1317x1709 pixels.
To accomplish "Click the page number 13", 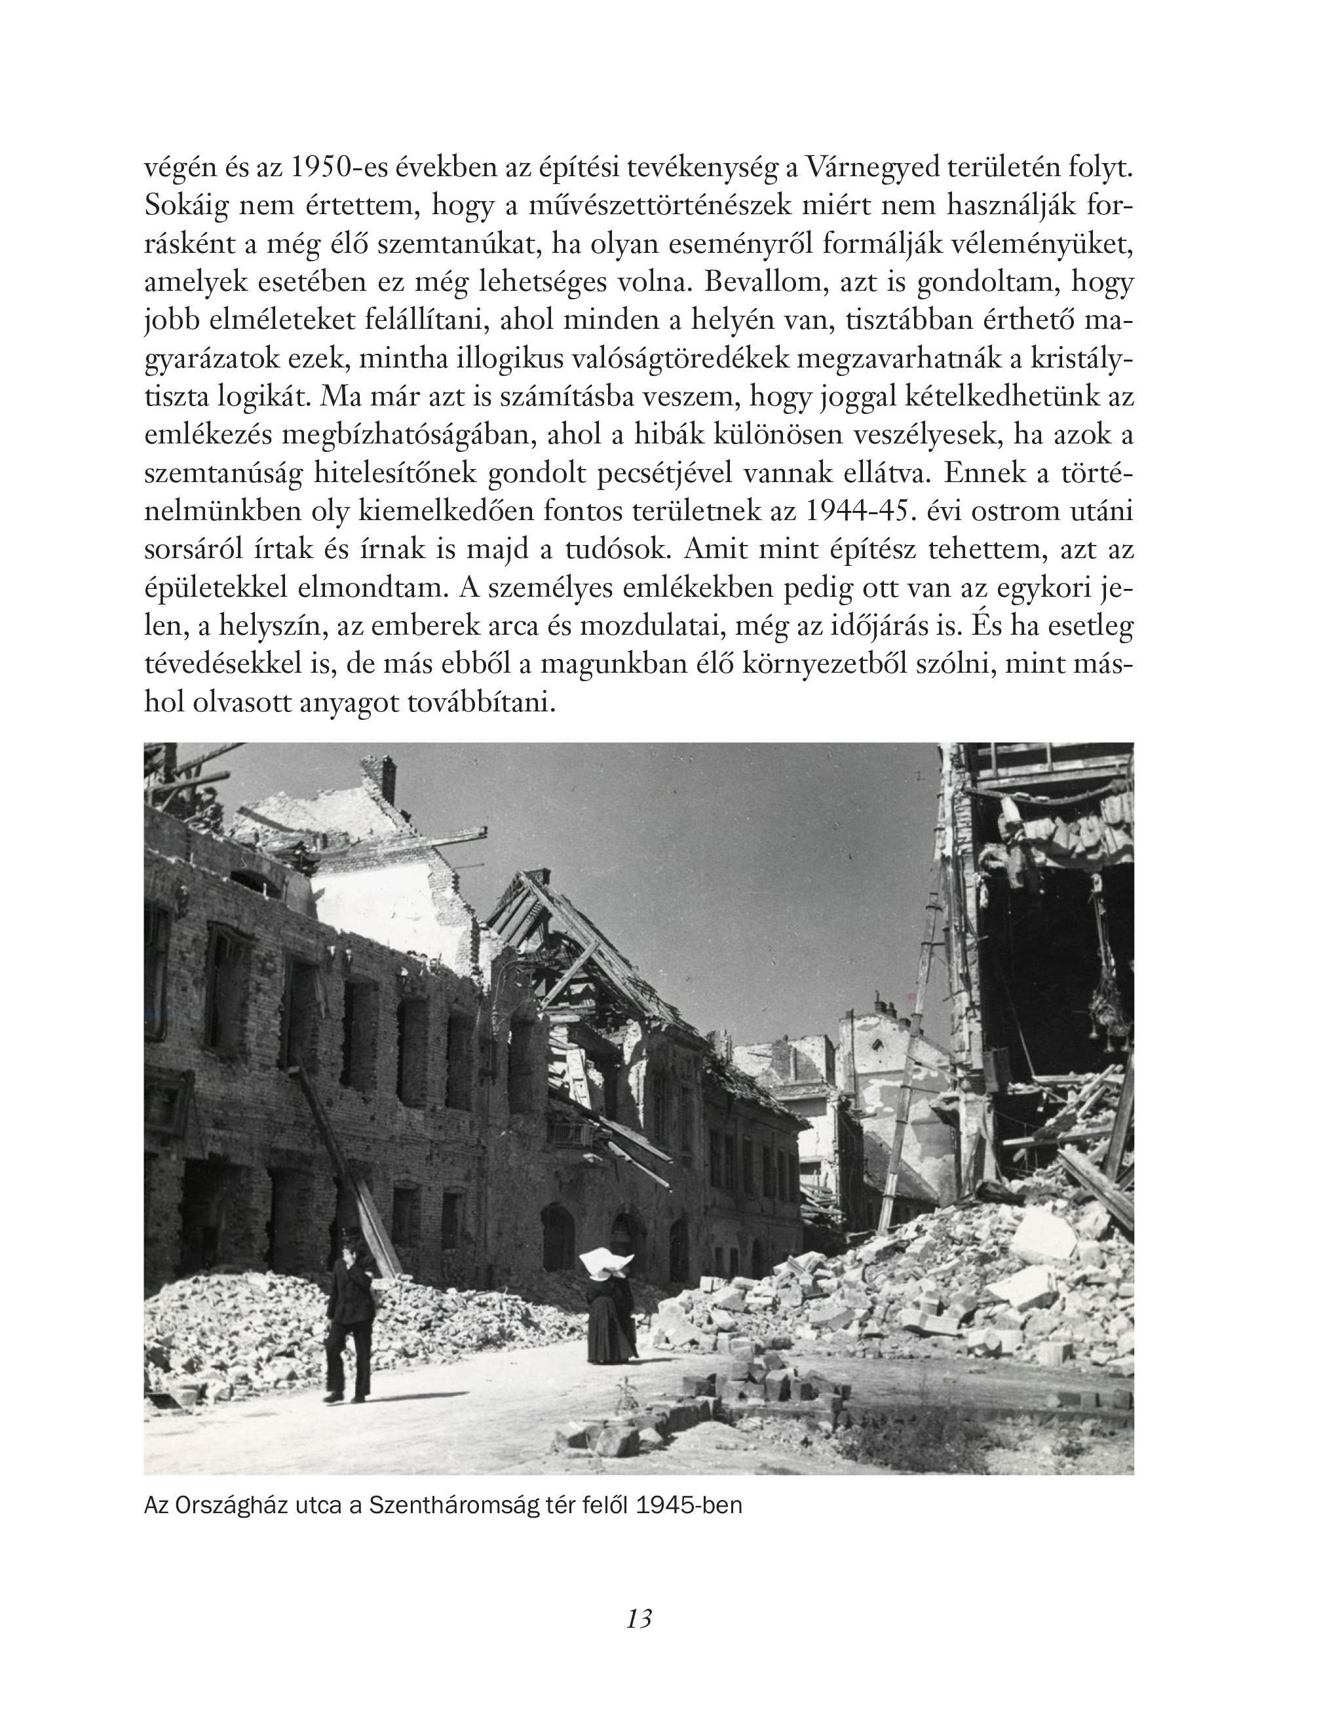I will (639, 1618).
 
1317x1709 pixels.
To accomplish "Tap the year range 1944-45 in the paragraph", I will (855, 511).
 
